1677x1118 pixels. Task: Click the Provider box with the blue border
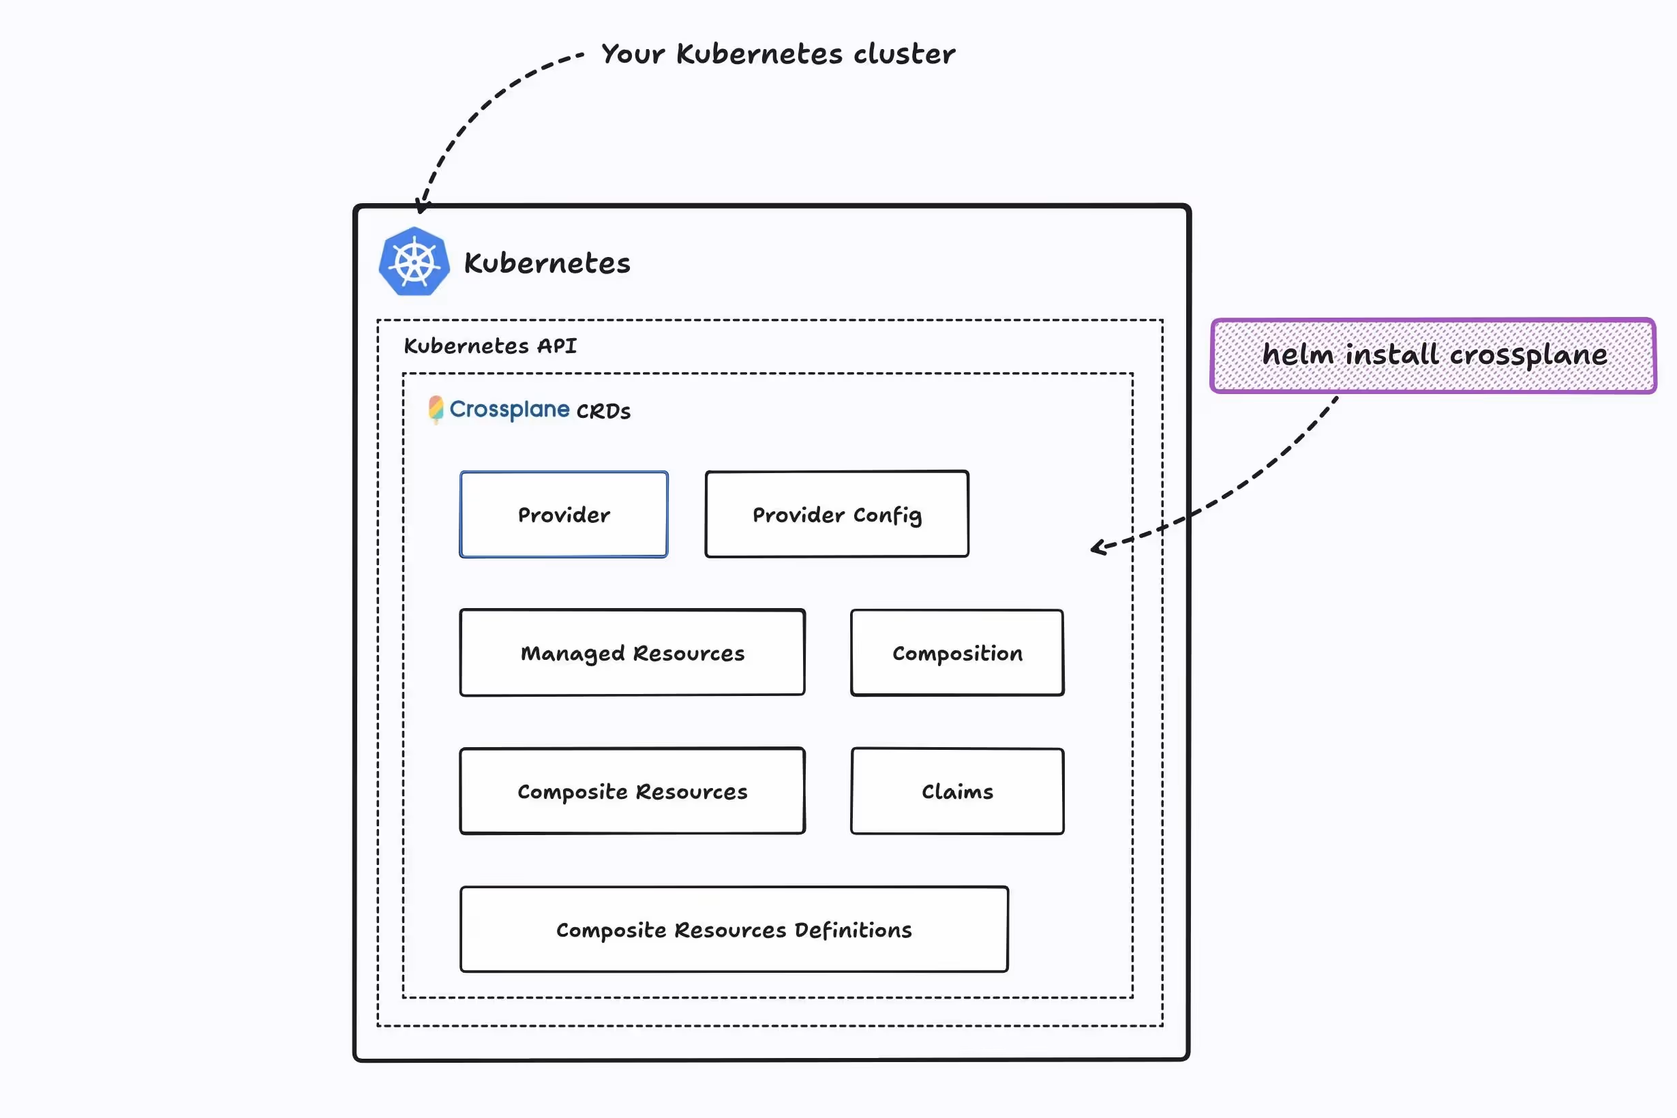[563, 514]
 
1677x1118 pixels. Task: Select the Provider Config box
[836, 514]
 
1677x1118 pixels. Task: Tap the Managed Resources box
[633, 652]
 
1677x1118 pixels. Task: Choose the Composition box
[957, 652]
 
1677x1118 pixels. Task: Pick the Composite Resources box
[633, 791]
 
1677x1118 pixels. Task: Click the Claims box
[957, 791]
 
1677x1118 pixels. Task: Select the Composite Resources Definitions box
[734, 929]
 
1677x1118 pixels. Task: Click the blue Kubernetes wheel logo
[414, 262]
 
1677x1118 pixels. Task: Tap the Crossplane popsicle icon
[436, 409]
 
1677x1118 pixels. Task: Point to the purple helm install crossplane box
[1433, 355]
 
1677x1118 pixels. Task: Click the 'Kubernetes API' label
[490, 346]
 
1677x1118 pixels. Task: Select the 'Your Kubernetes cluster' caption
[778, 54]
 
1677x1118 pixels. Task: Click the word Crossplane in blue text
[509, 409]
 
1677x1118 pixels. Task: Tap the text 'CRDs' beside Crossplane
[603, 411]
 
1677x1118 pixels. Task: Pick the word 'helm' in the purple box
[1298, 354]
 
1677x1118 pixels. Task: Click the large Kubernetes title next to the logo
[547, 263]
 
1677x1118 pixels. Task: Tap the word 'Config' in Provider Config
[887, 515]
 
